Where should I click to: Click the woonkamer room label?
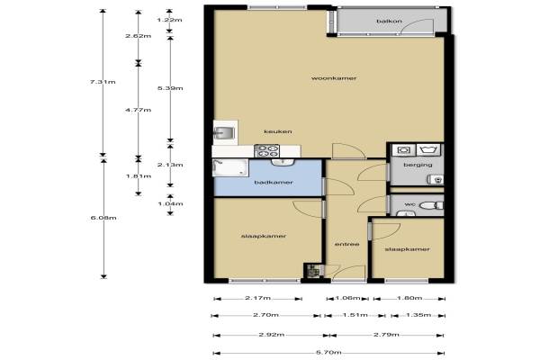[334, 78]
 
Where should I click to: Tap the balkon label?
[389, 21]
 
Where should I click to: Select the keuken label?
[278, 131]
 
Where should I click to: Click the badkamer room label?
[274, 182]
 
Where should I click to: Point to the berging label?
[418, 165]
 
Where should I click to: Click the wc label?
[409, 204]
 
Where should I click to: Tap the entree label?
[347, 244]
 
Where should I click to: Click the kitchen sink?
[224, 132]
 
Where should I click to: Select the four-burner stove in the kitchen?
[266, 151]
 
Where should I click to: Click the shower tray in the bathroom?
[230, 167]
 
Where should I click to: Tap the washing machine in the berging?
[403, 150]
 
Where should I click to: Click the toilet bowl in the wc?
[430, 206]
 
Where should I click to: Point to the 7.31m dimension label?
[103, 82]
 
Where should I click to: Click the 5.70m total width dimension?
[328, 353]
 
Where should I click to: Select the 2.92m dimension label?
[272, 335]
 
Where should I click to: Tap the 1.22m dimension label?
[169, 20]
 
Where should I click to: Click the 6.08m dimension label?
[103, 218]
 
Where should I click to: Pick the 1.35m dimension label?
[418, 315]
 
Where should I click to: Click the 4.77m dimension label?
[138, 110]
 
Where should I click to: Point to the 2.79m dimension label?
[386, 335]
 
